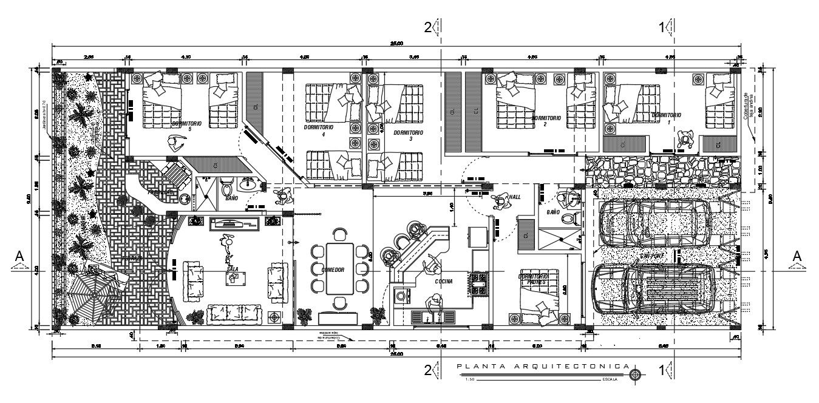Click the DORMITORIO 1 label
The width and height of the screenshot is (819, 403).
[x=665, y=115]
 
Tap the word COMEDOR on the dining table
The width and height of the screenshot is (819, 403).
[x=333, y=270]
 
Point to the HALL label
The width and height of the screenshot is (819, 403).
[x=515, y=197]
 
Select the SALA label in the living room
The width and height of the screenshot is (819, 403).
[x=232, y=268]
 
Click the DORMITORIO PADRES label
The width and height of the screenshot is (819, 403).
[x=534, y=279]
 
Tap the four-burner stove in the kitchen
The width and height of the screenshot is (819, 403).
[x=479, y=284]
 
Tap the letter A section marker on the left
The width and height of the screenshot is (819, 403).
[x=19, y=257]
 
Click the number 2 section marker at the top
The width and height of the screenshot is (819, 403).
[x=427, y=27]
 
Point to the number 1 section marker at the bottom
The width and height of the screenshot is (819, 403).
[x=662, y=370]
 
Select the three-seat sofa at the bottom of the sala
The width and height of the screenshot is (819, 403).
[x=234, y=314]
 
